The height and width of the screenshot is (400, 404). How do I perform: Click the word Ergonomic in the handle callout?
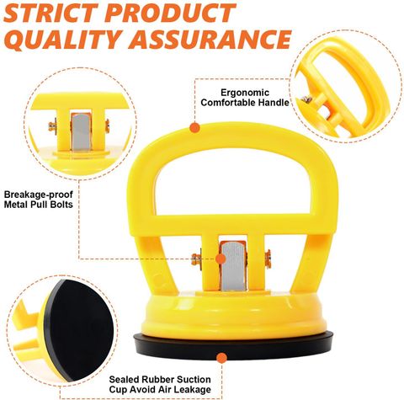click(245, 93)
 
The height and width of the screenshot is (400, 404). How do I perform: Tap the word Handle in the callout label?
click(274, 103)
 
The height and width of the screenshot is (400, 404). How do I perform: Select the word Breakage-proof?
click(39, 195)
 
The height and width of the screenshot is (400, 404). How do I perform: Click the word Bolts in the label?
click(61, 205)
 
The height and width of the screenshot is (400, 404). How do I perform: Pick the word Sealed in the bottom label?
click(124, 380)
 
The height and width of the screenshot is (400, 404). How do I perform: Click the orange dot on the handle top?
click(194, 128)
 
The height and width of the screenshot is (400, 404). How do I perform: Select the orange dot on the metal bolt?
click(221, 259)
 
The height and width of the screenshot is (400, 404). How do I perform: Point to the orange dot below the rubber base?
click(221, 358)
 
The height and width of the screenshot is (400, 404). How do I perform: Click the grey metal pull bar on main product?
click(233, 266)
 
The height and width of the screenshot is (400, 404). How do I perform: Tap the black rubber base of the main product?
click(233, 345)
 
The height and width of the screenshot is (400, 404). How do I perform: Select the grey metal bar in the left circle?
click(82, 132)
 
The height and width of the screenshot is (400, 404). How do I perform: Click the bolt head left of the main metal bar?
click(196, 259)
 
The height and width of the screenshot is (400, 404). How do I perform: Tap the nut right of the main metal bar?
click(268, 259)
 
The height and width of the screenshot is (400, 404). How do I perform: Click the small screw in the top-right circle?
click(307, 99)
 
